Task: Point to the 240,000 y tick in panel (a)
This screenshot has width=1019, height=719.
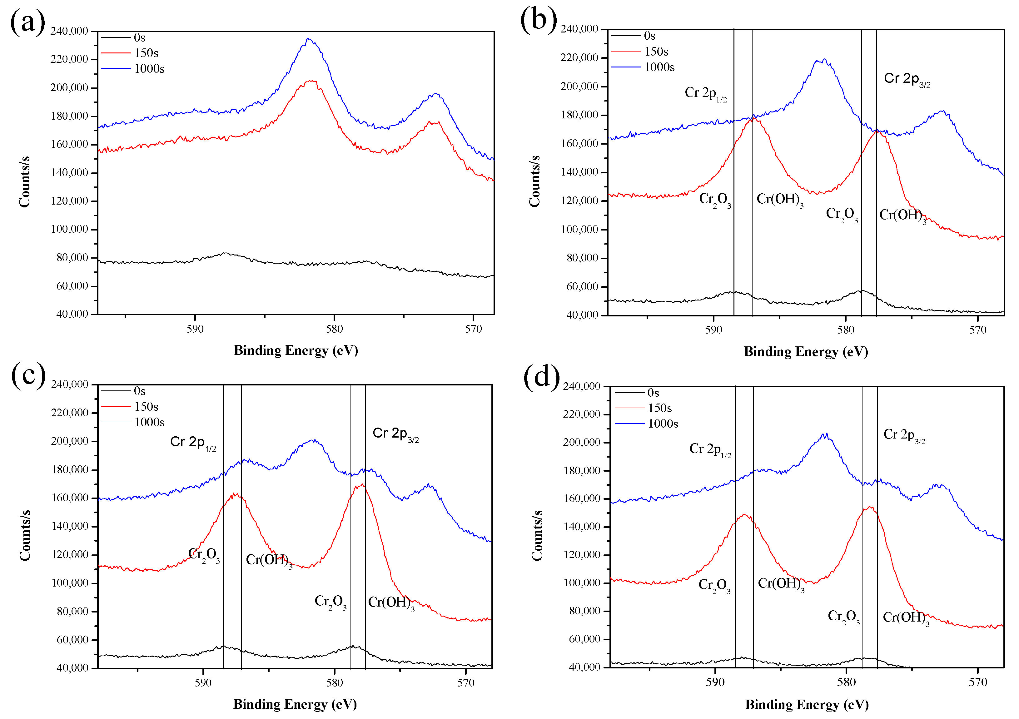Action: [69, 31]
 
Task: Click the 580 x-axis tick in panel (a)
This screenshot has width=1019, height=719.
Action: [334, 329]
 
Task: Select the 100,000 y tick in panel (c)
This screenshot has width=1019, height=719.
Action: [70, 583]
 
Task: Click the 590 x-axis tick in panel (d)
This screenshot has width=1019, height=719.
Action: [715, 682]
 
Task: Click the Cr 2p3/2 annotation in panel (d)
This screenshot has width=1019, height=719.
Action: [904, 435]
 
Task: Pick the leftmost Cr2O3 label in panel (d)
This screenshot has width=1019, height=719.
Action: [714, 585]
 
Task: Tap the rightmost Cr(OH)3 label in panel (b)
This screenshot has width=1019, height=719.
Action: [903, 216]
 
